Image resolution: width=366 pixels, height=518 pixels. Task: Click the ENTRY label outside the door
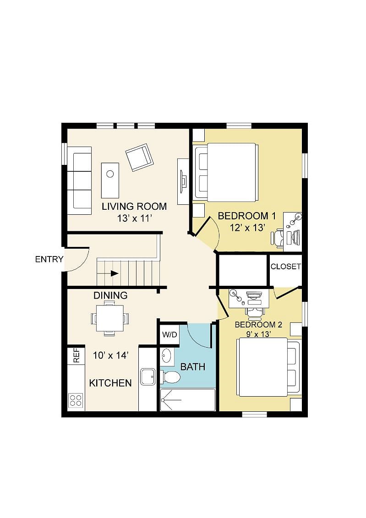(49, 259)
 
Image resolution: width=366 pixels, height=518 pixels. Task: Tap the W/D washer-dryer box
(170, 335)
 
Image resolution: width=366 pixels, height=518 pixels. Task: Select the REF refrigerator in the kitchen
(76, 355)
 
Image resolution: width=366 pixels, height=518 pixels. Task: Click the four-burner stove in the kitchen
(76, 400)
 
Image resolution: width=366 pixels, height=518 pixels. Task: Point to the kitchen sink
(147, 376)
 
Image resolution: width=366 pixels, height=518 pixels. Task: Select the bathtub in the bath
(188, 400)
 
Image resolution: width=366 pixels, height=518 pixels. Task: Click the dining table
(110, 318)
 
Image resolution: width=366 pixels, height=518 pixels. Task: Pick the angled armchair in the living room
(139, 157)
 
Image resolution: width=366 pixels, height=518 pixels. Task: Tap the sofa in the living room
(79, 181)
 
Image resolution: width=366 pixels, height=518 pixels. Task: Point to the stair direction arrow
(115, 273)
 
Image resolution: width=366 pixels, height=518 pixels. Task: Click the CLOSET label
(286, 267)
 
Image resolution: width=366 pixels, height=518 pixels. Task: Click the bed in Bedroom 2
(268, 367)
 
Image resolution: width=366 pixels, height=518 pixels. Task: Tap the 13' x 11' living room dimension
(134, 218)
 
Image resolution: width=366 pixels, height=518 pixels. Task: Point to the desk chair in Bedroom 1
(278, 238)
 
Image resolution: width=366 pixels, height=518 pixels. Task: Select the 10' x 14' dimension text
(111, 355)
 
